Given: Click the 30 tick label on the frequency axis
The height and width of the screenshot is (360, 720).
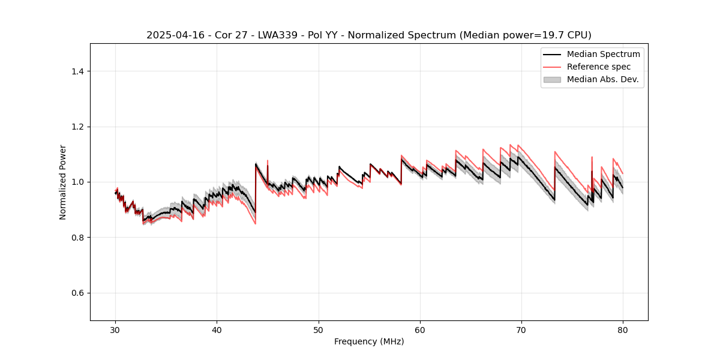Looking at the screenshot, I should click(115, 329).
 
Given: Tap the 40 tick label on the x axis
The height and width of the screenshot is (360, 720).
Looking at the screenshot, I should click(217, 329).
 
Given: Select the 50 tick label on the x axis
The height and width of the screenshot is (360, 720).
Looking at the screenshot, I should click(319, 329).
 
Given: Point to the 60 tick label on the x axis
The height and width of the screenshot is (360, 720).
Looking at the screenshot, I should click(420, 329).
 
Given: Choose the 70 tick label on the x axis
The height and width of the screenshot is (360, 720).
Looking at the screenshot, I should click(521, 329).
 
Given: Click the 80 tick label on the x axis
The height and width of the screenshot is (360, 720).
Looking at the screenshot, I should click(623, 329).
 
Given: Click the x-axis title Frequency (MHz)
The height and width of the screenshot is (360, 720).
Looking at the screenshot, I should click(369, 341).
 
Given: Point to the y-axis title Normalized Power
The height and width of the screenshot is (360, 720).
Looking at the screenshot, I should click(63, 182).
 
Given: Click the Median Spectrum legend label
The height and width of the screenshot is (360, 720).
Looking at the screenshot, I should click(603, 54).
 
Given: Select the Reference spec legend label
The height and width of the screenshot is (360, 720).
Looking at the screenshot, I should click(598, 67).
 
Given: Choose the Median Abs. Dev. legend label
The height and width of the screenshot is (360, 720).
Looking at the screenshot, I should click(602, 79).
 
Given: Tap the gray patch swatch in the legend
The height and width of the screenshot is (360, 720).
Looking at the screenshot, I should click(552, 79).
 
